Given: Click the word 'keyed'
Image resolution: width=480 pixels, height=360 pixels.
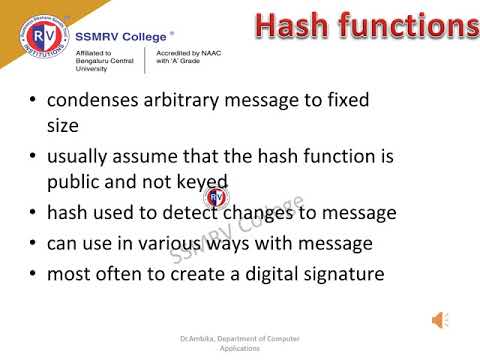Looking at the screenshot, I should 203,183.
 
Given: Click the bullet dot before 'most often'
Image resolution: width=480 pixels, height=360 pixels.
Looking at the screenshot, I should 35,272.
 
